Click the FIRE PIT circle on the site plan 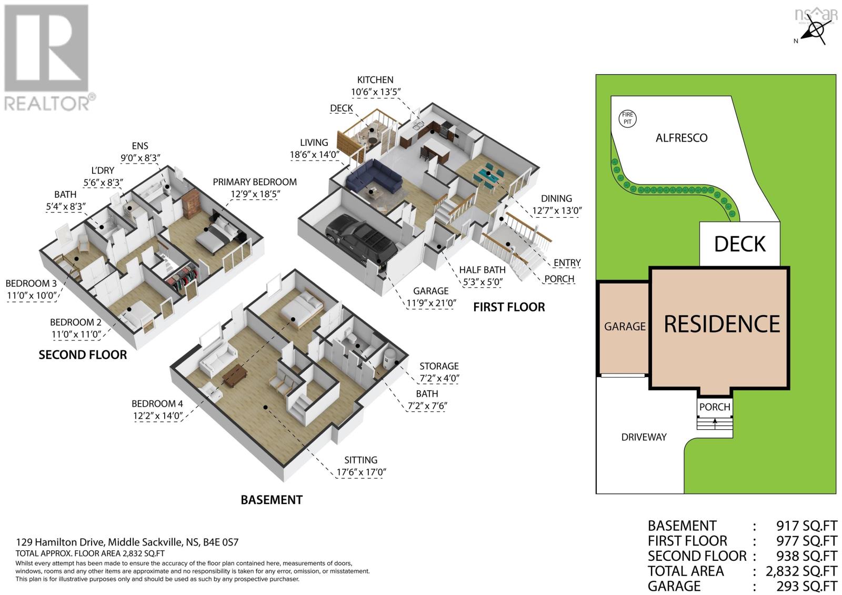(628, 118)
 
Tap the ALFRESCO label (681, 138)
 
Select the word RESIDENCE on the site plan (721, 324)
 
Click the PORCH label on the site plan (715, 407)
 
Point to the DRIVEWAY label (644, 437)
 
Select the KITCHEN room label (375, 80)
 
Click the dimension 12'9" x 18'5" (254, 194)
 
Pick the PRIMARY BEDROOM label (254, 182)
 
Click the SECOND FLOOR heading (83, 355)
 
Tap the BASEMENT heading (272, 500)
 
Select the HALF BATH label (482, 270)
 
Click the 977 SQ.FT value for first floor (807, 541)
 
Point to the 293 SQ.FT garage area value (807, 586)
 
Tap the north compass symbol (816, 30)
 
